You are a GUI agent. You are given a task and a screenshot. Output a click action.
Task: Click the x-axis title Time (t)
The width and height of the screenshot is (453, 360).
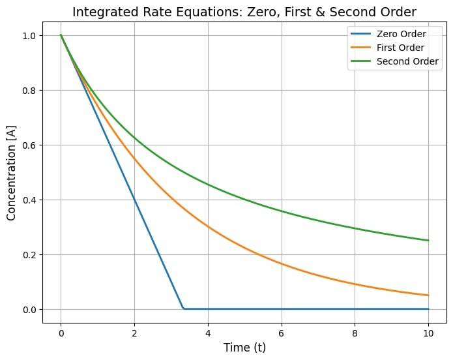pyautogui.click(x=244, y=348)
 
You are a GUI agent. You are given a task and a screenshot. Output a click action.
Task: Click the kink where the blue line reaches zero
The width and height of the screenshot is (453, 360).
pyautogui.click(x=184, y=308)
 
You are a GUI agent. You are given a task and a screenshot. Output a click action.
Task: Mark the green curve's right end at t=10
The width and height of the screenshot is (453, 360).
pyautogui.click(x=428, y=241)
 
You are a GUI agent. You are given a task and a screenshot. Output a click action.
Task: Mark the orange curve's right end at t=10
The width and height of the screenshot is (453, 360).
pyautogui.click(x=428, y=295)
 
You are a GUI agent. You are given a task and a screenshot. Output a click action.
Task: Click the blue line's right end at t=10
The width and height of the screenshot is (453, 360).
pyautogui.click(x=428, y=309)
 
